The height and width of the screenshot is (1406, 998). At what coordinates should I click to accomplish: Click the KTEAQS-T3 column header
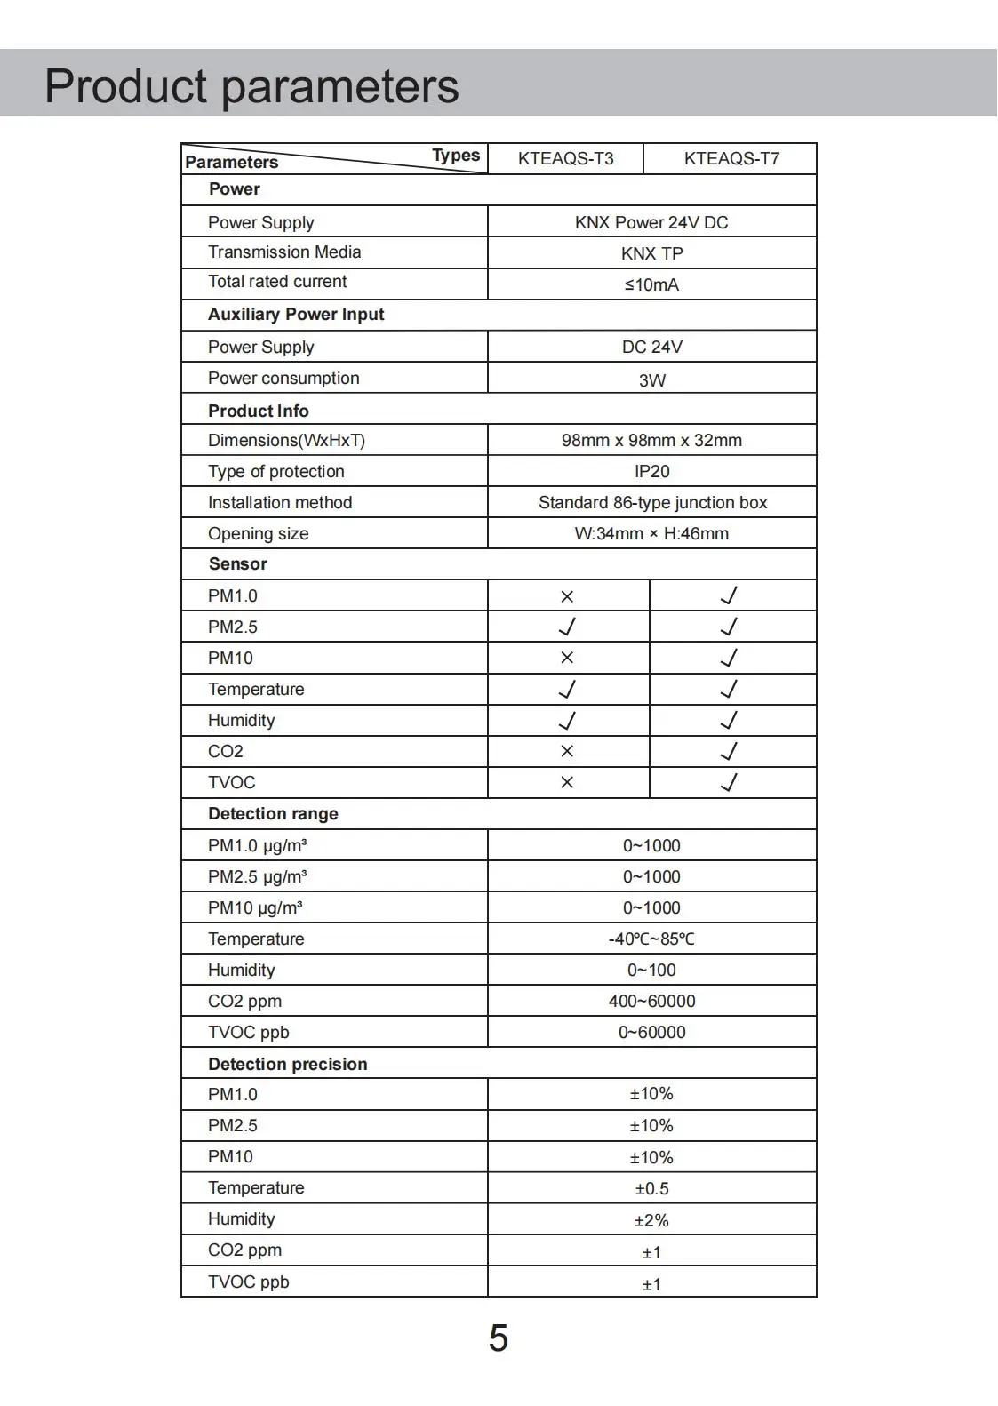coord(565,159)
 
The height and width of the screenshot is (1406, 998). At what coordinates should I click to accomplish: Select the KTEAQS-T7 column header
coord(731,159)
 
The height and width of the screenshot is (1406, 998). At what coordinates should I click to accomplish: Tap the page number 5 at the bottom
coord(498,1338)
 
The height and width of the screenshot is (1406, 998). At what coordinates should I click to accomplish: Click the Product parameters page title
coord(251,86)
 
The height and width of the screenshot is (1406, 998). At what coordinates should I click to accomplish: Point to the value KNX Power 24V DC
coord(651,222)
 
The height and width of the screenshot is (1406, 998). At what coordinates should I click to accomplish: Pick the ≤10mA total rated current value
coord(651,284)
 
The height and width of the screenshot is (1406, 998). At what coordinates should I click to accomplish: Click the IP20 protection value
coord(651,471)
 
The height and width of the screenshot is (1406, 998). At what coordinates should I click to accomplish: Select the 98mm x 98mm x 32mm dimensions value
coord(651,440)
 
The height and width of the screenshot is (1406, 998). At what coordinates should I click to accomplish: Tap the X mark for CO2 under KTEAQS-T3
coord(567,751)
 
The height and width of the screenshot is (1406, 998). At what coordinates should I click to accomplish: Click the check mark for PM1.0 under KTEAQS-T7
coord(729,595)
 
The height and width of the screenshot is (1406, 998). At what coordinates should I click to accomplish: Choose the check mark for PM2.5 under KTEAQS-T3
coord(567,627)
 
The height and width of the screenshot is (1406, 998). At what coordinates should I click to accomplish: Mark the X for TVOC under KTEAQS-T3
coord(567,782)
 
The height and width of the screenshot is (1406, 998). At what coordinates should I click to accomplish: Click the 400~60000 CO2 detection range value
coord(651,1001)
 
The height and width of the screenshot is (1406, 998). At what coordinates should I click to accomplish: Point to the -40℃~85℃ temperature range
coord(651,939)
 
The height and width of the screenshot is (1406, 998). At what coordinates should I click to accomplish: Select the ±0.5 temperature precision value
coord(651,1188)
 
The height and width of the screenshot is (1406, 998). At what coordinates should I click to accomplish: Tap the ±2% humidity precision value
coord(651,1220)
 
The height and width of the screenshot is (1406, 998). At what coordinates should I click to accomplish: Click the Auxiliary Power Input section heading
coord(296,315)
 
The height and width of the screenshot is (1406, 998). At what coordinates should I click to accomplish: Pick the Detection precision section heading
coord(287,1064)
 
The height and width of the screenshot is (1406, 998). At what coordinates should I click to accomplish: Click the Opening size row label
coord(258,533)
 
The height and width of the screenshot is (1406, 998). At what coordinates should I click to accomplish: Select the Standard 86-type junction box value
coord(652,502)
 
